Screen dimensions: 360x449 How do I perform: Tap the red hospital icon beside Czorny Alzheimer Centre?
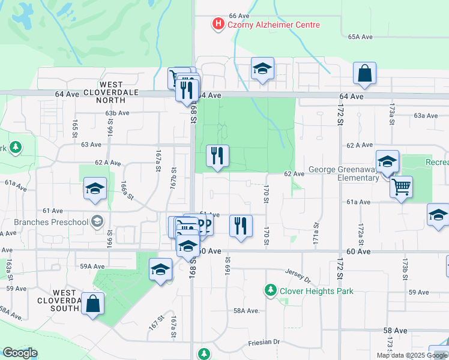218,24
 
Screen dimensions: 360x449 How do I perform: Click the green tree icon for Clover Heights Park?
271,291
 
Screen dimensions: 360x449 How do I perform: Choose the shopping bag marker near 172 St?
364,74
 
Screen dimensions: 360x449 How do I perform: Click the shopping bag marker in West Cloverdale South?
93,304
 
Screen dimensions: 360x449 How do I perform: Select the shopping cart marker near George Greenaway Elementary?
401,187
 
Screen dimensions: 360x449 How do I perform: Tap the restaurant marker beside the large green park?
217,157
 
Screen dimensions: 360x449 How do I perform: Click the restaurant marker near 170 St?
241,227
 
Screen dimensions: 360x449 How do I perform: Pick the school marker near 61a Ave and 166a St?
95,189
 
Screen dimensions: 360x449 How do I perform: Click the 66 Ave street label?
239,16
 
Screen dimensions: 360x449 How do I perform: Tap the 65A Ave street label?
361,37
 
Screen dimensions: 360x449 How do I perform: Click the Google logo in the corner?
20,353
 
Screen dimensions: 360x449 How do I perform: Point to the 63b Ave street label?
117,113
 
